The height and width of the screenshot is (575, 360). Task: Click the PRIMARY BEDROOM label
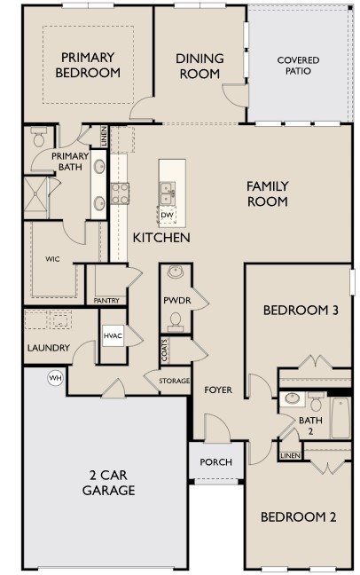[87, 66]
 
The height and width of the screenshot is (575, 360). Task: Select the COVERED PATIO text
[298, 66]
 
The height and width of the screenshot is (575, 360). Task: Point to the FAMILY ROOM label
[267, 193]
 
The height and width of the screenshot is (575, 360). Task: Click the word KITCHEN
[161, 238]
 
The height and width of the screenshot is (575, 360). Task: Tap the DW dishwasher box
[167, 215]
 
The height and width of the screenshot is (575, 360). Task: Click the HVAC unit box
[113, 335]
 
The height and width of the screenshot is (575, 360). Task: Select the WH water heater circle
[55, 377]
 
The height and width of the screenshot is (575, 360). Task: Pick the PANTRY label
[106, 300]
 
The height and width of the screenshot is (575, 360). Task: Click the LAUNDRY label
[42, 347]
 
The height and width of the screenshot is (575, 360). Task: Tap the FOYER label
[218, 390]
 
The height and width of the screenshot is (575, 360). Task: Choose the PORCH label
[215, 461]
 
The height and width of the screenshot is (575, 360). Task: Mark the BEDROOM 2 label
[297, 517]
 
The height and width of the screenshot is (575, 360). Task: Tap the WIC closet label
[51, 259]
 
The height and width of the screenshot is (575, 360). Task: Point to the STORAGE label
[174, 381]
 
